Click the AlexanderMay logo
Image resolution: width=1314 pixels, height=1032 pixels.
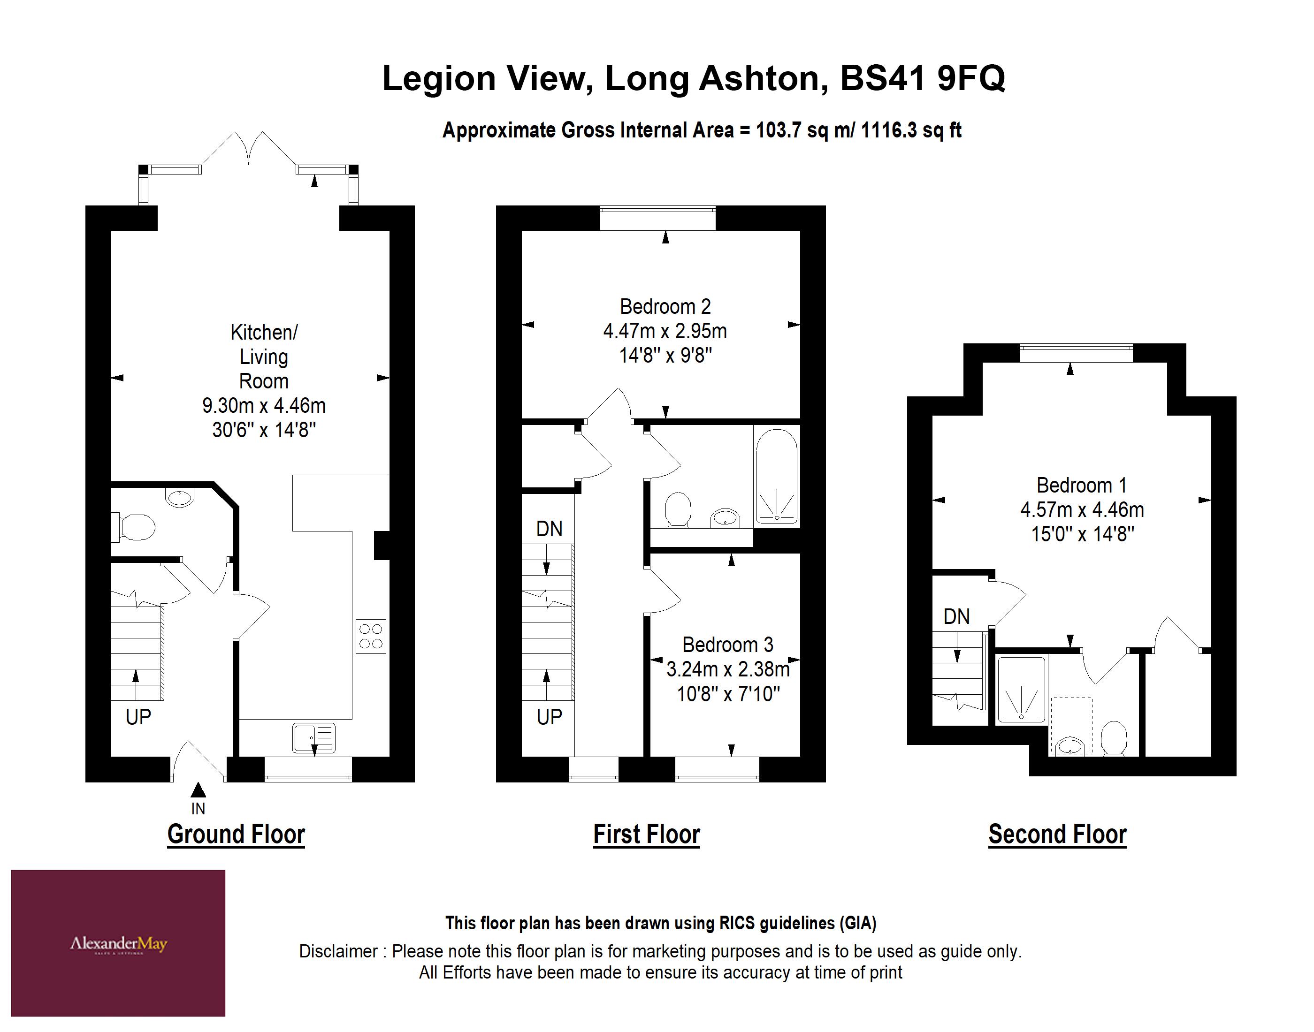click(x=118, y=944)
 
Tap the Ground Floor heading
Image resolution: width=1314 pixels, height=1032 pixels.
click(x=236, y=835)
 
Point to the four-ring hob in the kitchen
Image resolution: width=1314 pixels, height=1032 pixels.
click(x=371, y=636)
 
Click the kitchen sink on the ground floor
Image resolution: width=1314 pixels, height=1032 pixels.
click(x=313, y=738)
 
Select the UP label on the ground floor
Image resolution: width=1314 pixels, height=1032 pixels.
click(x=138, y=717)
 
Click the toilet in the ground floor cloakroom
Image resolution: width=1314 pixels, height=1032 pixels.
click(x=136, y=527)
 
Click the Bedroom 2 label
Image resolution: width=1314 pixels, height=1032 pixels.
click(x=665, y=307)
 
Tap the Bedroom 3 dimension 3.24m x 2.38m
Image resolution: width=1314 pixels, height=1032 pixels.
click(x=728, y=669)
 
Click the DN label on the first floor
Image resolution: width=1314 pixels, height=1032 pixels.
click(x=549, y=529)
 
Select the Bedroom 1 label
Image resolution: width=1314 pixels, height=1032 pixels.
click(x=1081, y=485)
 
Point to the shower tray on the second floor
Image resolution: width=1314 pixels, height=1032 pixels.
click(x=1021, y=690)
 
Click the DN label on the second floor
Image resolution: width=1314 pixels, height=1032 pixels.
click(x=956, y=617)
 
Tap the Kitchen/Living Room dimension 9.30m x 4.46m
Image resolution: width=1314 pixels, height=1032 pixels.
click(x=264, y=405)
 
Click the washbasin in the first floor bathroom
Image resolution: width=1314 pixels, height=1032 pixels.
click(x=725, y=518)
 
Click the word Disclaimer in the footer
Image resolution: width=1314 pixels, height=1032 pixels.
click(x=338, y=952)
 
